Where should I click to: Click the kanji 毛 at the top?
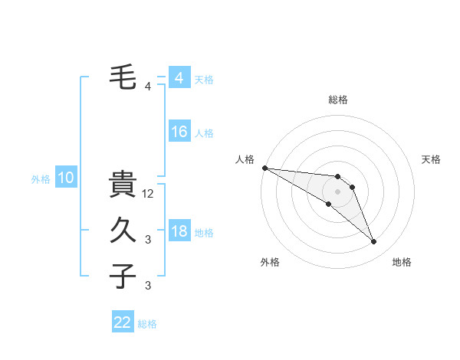click(123, 77)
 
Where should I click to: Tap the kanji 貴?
click(123, 185)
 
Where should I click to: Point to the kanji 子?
click(123, 276)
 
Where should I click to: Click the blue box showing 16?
click(179, 132)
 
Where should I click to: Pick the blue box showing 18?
click(179, 231)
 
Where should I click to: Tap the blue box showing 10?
click(65, 178)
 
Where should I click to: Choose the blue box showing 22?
click(123, 322)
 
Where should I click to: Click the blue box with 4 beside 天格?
click(179, 78)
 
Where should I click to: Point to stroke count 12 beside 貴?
click(149, 194)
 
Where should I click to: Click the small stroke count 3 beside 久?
click(148, 240)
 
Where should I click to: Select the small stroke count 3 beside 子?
click(148, 286)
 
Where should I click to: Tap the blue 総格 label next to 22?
click(147, 324)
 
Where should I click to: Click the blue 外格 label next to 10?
click(41, 179)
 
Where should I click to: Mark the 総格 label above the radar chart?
click(338, 100)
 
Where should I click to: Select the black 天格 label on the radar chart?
click(432, 159)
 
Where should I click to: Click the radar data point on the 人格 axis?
click(264, 168)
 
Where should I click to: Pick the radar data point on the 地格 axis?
click(374, 242)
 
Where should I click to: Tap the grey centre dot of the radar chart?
click(338, 191)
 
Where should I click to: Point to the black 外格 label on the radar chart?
click(270, 262)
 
